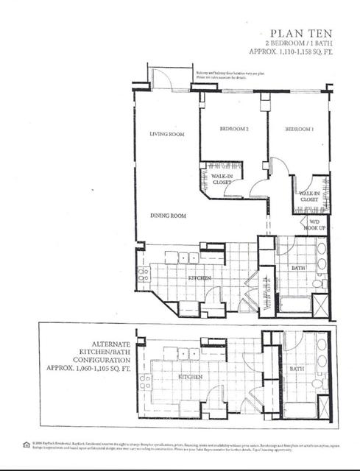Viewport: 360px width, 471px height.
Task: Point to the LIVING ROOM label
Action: (x=166, y=134)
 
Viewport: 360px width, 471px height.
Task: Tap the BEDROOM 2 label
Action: (x=234, y=130)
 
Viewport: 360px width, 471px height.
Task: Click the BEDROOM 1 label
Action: (x=300, y=130)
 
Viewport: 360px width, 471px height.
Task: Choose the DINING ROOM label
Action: (x=167, y=216)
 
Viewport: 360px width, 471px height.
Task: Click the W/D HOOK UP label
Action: (x=314, y=224)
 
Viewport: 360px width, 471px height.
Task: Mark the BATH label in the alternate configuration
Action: (x=297, y=368)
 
